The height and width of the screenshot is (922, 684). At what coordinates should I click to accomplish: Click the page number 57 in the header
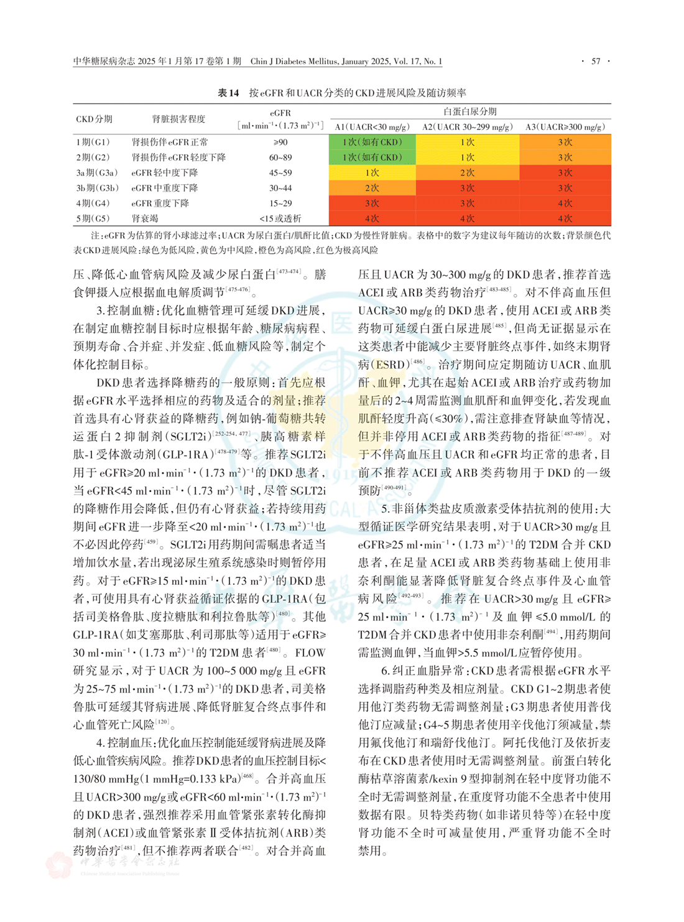click(596, 61)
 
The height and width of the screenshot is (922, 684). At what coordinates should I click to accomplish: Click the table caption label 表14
click(228, 93)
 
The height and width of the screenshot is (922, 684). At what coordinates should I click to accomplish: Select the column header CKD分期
click(94, 119)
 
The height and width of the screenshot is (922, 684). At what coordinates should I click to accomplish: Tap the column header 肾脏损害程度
click(178, 119)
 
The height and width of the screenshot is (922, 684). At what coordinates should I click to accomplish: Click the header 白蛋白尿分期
click(469, 111)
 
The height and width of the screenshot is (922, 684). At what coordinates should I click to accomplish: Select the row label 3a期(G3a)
click(97, 173)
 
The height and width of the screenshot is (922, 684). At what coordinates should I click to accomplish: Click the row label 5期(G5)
click(93, 218)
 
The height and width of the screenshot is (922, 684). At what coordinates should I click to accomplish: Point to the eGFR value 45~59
click(280, 173)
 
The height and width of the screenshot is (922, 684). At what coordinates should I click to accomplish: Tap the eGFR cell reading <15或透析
click(280, 218)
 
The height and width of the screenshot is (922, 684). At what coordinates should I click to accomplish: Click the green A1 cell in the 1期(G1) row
click(372, 142)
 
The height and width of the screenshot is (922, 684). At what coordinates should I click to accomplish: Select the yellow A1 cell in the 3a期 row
click(372, 173)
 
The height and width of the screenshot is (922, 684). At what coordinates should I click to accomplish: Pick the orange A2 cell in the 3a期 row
click(467, 173)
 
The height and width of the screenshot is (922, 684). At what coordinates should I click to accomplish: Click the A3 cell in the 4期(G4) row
click(565, 203)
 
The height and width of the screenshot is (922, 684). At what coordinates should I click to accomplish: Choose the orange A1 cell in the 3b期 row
click(372, 188)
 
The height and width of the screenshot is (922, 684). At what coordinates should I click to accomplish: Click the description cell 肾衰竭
click(145, 218)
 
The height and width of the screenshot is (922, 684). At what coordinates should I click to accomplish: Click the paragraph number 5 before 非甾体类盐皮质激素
click(385, 509)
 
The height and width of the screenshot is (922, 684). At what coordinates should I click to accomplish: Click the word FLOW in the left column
click(310, 653)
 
